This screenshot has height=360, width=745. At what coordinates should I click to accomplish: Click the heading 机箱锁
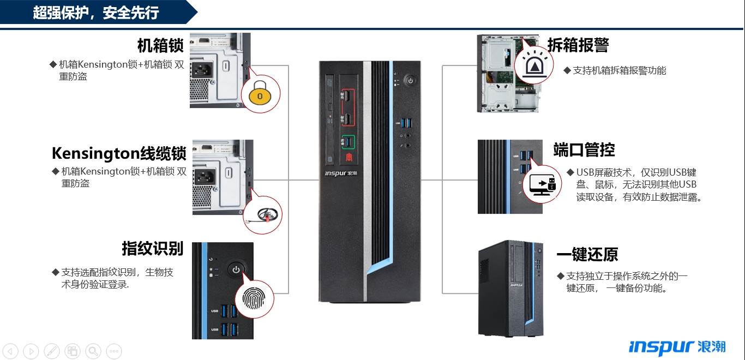click(160, 45)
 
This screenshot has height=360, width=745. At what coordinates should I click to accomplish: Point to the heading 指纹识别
click(153, 248)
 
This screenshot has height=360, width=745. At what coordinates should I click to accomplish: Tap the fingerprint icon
click(254, 299)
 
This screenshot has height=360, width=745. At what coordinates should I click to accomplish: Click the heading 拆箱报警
click(578, 45)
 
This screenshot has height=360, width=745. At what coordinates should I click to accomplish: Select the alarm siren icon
click(532, 64)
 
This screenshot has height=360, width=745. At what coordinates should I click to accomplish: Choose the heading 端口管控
click(584, 149)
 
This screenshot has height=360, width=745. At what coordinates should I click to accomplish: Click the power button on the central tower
click(410, 81)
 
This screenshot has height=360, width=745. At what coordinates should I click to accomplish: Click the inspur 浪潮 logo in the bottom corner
click(677, 347)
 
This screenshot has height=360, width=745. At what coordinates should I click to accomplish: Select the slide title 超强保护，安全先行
click(96, 13)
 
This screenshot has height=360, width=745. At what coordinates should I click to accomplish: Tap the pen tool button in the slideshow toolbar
click(52, 351)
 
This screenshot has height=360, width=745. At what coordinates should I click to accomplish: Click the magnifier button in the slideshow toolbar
click(93, 351)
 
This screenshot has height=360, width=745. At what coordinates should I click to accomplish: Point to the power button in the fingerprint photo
click(236, 269)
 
